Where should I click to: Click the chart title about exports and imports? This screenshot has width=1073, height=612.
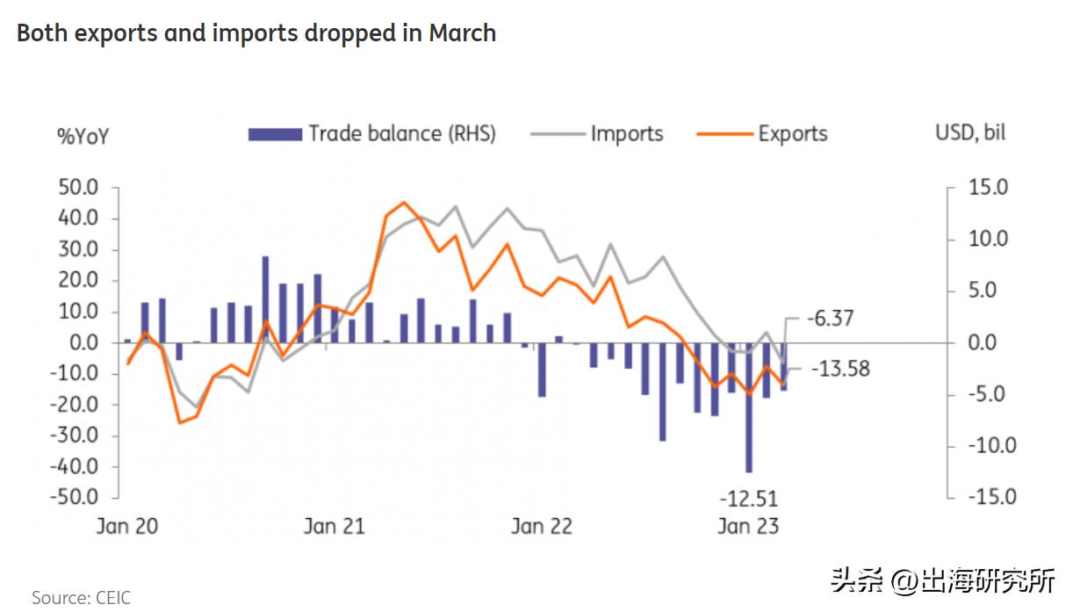(256, 33)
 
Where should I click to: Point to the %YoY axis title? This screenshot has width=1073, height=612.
(83, 135)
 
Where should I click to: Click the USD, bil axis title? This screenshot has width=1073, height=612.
(970, 133)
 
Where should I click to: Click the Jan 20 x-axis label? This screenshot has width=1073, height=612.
(127, 526)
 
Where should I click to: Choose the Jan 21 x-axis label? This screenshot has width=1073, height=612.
(335, 526)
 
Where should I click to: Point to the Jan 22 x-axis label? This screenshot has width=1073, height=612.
(542, 526)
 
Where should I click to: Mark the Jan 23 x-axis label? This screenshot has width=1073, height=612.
(748, 526)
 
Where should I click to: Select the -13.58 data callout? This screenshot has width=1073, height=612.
(840, 369)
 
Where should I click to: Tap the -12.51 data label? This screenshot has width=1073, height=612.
(748, 500)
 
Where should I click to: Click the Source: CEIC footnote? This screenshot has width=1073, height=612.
(82, 598)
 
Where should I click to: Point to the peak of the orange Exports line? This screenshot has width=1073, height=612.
(403, 203)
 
